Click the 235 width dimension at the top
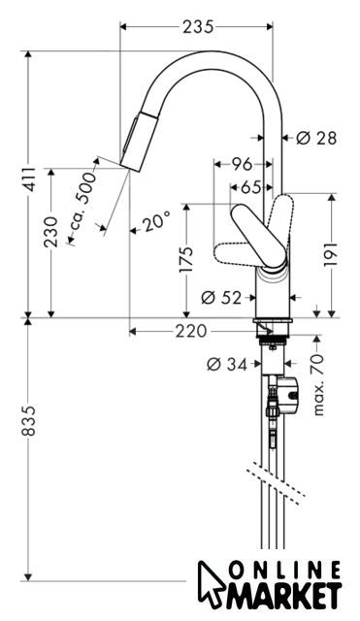pyautogui.click(x=198, y=27)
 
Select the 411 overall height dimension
pyautogui.click(x=28, y=180)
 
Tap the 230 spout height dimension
pyautogui.click(x=51, y=232)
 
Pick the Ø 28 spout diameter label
pyautogui.click(x=316, y=138)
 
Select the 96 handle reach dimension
pyautogui.click(x=242, y=164)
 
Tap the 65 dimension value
pyautogui.click(x=251, y=187)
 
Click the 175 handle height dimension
pyautogui.click(x=185, y=259)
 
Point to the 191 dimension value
pyautogui.click(x=332, y=254)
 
